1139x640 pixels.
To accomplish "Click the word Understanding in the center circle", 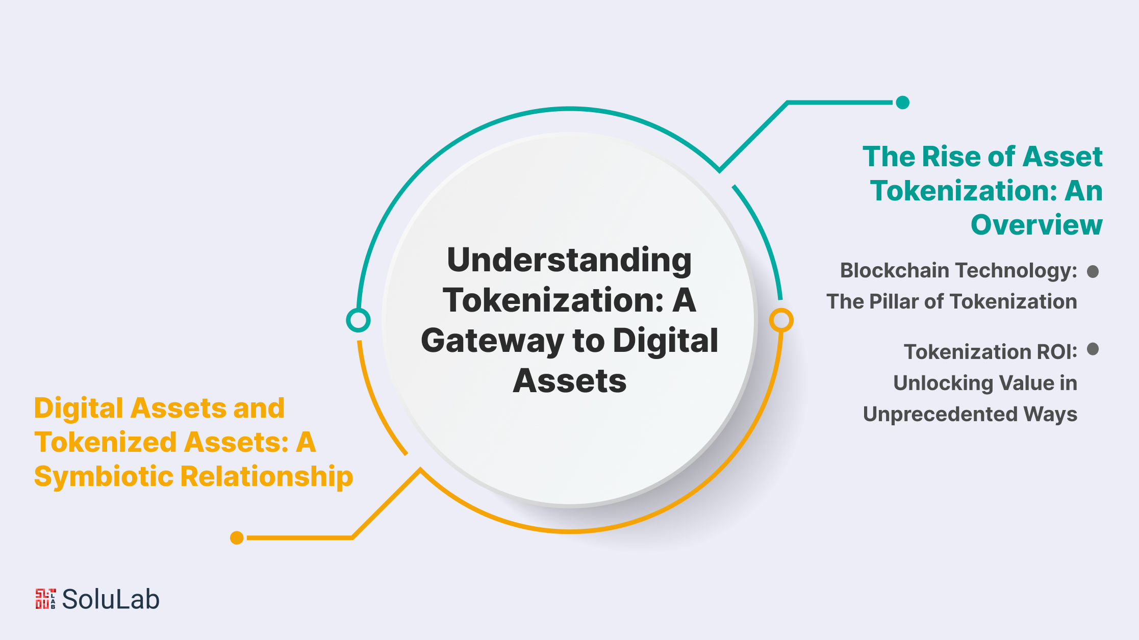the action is click(x=569, y=261).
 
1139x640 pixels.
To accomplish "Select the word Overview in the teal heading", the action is click(x=1036, y=225).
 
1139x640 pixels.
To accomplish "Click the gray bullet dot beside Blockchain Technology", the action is click(x=1093, y=271).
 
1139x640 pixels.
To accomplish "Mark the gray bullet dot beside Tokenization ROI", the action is click(x=1093, y=349).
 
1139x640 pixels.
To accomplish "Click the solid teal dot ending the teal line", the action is click(x=903, y=103).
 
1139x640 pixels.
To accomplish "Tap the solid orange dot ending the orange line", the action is click(x=237, y=537).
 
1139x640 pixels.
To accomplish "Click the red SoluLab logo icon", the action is click(x=45, y=599).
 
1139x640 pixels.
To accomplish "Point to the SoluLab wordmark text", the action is click(x=111, y=599).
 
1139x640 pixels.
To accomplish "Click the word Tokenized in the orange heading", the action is click(x=106, y=442).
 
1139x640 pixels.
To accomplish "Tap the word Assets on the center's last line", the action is click(x=570, y=381).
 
